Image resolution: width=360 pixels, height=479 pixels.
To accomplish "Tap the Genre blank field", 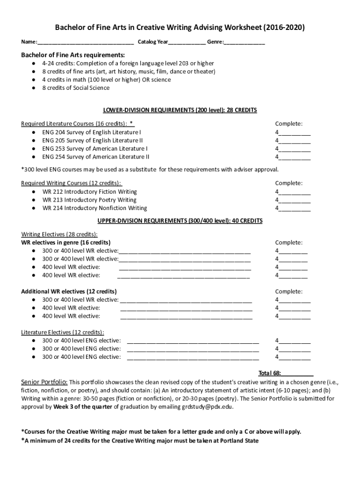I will pos(245,43).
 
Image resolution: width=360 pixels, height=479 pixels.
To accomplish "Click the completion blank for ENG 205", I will pos(295,141).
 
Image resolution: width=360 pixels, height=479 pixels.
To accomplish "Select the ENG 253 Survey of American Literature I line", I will pos(95,149).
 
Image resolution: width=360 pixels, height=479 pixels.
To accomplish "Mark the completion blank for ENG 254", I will pos(295,157).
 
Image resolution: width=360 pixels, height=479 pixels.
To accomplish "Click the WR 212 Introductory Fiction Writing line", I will pos(89,192).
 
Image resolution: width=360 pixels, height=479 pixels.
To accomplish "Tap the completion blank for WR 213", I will pos(295,200).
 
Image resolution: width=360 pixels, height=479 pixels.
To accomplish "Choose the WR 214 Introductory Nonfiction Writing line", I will pos(94,208).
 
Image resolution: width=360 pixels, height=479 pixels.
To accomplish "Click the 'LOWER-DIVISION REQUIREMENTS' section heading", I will pos(180,110).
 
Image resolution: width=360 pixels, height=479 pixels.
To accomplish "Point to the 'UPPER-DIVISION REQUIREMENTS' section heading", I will pos(180,221).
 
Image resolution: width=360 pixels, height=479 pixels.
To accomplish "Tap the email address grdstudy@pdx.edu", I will pos(207,407).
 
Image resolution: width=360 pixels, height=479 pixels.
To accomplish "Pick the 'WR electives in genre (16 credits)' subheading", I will pos(66,243).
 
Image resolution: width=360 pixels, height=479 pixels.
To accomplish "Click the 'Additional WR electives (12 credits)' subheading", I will pos(69,291).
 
